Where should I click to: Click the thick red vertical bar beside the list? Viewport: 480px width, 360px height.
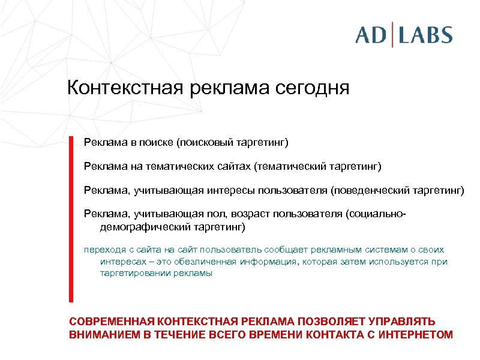pyautogui.click(x=71, y=219)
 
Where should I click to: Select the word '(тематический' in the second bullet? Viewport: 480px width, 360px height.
pyautogui.click(x=291, y=165)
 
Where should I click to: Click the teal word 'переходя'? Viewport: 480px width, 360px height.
pyautogui.click(x=101, y=250)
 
